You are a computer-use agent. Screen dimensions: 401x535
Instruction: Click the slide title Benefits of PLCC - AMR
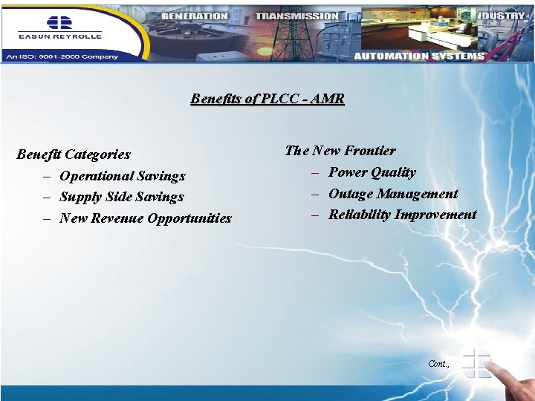(267, 99)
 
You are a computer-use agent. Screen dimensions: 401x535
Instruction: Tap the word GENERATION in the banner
(194, 16)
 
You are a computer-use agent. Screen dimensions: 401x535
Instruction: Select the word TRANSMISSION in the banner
(296, 16)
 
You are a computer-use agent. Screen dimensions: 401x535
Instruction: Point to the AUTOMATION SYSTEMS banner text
(419, 56)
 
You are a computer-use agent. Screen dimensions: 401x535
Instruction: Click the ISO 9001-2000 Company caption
(62, 55)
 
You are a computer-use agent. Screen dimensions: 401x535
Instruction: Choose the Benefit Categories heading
(74, 154)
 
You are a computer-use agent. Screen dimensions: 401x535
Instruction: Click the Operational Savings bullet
(122, 176)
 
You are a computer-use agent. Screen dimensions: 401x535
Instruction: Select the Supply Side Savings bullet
(121, 197)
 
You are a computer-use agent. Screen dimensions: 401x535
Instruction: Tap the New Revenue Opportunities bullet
(145, 218)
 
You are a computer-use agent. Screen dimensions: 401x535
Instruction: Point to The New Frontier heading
(340, 151)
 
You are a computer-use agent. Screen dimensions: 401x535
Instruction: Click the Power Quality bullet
(372, 172)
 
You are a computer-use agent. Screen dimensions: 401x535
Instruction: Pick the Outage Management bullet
(393, 194)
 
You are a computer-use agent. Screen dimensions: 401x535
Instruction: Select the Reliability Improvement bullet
(402, 215)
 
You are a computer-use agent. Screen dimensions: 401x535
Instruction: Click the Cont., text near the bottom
(439, 363)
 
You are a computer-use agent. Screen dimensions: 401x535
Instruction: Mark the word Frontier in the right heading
(369, 151)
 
